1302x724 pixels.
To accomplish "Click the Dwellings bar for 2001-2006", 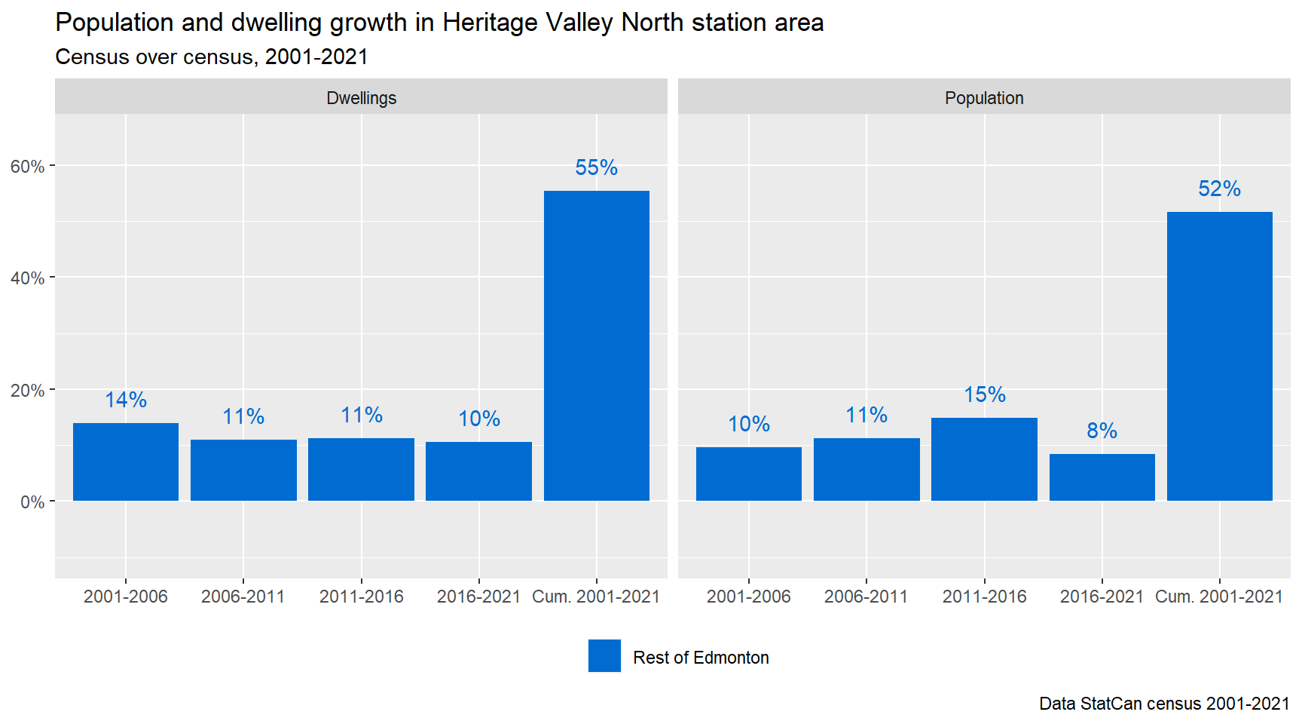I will tap(126, 462).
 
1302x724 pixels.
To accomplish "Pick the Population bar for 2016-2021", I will tap(1102, 477).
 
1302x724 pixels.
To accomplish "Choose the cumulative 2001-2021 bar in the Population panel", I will tap(1219, 356).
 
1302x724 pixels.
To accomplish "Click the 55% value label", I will tap(596, 167).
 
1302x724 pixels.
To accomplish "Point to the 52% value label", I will tap(1219, 189).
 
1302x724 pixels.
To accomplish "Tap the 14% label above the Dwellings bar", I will tap(126, 400).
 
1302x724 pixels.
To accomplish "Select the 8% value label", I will tap(1102, 431).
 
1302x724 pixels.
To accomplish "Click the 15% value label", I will tap(984, 394).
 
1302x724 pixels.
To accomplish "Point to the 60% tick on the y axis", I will tap(27, 167).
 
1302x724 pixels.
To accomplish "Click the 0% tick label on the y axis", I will tap(32, 502).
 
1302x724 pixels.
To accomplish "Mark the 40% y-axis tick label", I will tap(27, 278).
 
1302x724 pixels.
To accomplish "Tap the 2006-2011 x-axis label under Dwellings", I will tap(243, 597).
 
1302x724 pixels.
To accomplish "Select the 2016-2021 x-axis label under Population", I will tap(1102, 597).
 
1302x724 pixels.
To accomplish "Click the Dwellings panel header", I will tap(361, 98).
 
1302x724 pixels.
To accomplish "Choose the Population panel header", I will tap(984, 98).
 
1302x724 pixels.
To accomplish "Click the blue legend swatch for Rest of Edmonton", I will tap(604, 655).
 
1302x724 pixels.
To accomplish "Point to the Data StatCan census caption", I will tap(1164, 704).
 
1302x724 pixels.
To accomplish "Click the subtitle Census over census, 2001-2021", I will tap(212, 57).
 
